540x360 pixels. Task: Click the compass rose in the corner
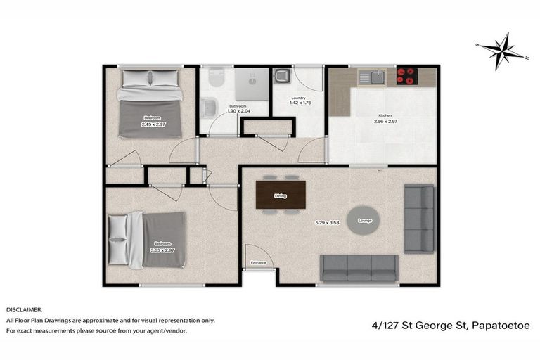coord(502,50)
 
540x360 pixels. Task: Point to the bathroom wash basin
coord(209,108)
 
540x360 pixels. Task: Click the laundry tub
coord(282,76)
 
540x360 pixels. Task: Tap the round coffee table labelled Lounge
coord(364,220)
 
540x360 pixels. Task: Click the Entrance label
coord(259,263)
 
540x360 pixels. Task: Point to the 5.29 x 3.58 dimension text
coord(327,223)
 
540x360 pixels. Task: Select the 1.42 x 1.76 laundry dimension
coord(300,103)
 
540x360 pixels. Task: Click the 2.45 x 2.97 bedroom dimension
coord(153,124)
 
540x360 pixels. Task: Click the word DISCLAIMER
coord(24,309)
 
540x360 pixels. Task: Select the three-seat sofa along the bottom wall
coord(359,267)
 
